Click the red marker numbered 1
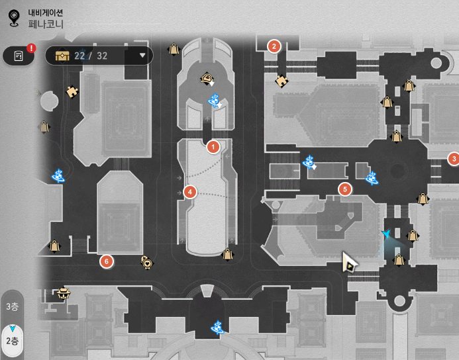(213, 146)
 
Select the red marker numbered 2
(274, 46)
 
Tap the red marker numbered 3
(453, 159)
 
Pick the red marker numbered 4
(191, 192)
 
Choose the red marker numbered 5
(344, 189)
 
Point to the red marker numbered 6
(107, 261)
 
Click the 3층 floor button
(12, 306)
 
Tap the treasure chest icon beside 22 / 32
(63, 56)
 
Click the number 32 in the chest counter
(101, 56)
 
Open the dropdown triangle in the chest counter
(142, 56)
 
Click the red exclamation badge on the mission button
(31, 48)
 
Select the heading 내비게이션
(46, 11)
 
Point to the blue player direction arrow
(386, 234)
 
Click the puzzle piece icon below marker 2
(281, 80)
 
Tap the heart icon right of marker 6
(146, 262)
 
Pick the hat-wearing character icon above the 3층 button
(64, 292)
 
